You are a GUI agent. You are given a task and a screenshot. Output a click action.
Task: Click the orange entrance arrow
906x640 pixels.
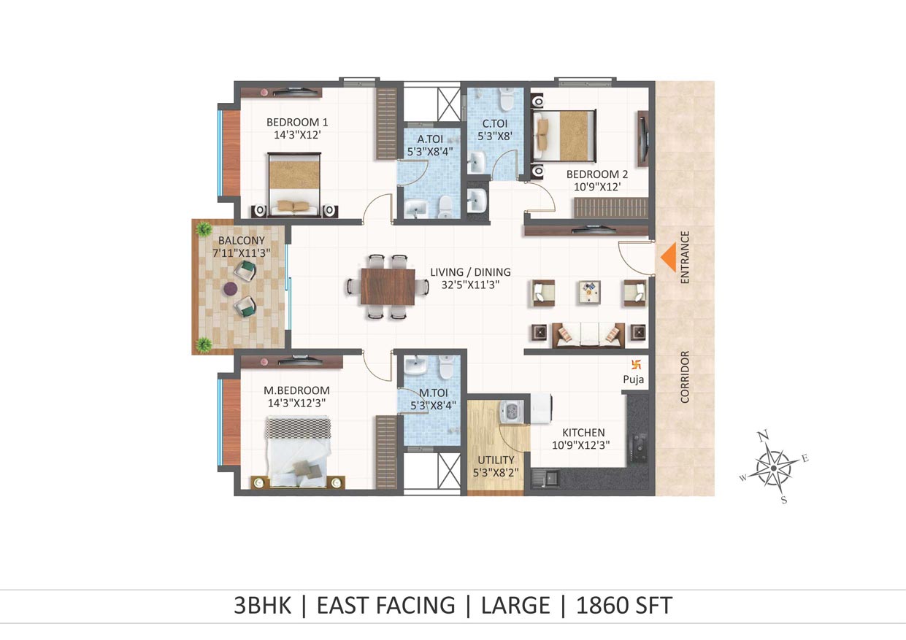point(669,257)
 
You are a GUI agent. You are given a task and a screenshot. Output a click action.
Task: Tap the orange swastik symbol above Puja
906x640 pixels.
point(636,365)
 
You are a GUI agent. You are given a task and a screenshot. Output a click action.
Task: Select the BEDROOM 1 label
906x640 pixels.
point(297,122)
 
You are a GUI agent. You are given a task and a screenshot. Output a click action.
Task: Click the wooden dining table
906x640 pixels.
point(388,287)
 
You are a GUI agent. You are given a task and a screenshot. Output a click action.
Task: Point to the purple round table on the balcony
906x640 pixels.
point(231,289)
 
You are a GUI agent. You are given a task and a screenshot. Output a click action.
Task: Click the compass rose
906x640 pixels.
point(774,468)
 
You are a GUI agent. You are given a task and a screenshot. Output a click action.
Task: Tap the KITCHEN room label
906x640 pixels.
point(583,433)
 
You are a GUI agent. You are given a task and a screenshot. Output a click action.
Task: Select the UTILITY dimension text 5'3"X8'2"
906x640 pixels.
point(496,472)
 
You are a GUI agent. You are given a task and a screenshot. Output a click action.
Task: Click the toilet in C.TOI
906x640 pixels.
point(506,99)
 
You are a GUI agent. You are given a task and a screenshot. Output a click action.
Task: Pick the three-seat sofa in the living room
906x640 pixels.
point(588,335)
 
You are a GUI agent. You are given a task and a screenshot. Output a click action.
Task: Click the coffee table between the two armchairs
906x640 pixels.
point(589,293)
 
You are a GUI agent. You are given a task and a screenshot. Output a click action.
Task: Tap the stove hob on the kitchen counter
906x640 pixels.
point(638,448)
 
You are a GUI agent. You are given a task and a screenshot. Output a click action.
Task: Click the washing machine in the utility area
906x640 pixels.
point(511,412)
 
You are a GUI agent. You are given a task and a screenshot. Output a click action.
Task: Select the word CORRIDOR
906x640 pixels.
point(684,377)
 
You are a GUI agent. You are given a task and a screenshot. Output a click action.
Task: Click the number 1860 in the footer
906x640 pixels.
point(602,605)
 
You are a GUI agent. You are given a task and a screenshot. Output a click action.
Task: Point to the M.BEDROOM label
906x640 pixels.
point(296,390)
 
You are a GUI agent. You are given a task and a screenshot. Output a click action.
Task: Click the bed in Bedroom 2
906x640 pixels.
point(564,136)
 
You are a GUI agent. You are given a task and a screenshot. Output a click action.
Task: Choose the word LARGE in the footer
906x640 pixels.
point(515,605)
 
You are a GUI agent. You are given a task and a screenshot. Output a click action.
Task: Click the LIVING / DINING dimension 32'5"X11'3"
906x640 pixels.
point(470,285)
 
